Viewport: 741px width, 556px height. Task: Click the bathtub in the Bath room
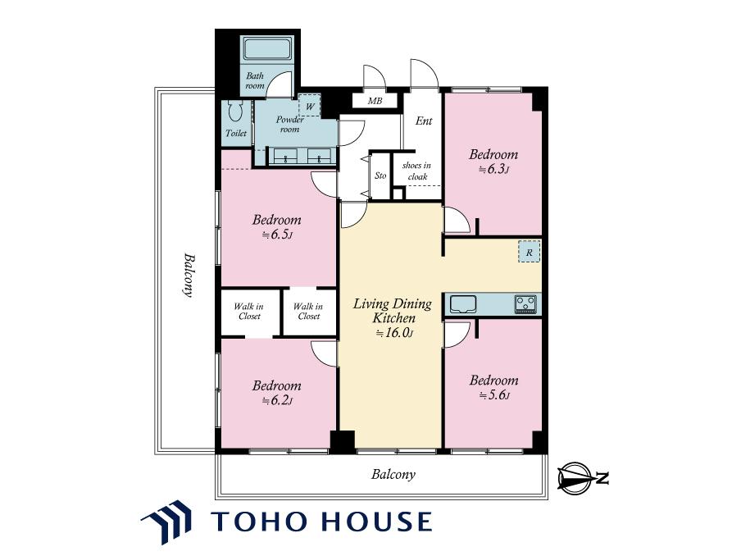click(267, 48)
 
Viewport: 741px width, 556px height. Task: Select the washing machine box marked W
click(310, 106)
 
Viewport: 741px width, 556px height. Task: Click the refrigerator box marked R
click(529, 252)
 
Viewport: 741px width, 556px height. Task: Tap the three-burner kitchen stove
click(525, 303)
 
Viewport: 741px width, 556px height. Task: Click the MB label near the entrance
click(375, 101)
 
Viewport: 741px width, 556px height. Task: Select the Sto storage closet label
click(380, 175)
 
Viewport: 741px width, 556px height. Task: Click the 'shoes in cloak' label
click(416, 171)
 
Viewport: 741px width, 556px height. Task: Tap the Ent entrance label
click(424, 121)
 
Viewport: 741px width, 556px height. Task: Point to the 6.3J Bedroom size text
click(493, 169)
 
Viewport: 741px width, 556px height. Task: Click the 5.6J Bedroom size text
click(494, 394)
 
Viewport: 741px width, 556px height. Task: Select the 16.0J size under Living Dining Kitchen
click(394, 333)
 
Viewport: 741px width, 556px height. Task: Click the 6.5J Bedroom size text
click(277, 234)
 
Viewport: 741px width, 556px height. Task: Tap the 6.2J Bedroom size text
click(277, 400)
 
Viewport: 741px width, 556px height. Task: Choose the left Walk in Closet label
click(249, 311)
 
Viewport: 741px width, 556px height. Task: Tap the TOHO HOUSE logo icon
click(167, 522)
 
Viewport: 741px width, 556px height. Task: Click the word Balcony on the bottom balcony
click(393, 474)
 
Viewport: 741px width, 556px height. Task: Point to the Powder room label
click(289, 125)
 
